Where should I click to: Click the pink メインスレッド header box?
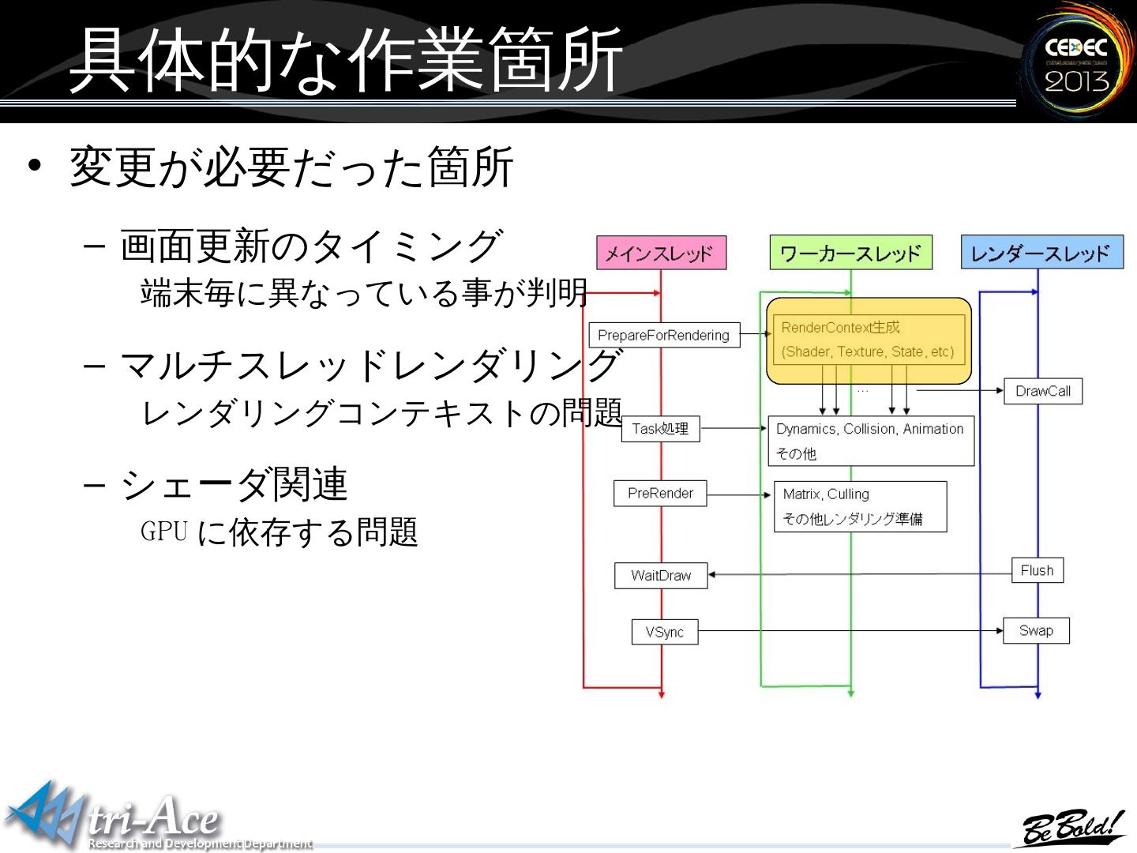click(661, 254)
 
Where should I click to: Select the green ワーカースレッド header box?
click(850, 253)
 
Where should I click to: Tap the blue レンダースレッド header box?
click(1041, 253)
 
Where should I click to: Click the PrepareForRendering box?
click(664, 335)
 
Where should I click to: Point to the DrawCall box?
click(1042, 391)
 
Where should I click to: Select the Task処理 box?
click(660, 429)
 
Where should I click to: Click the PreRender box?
click(660, 494)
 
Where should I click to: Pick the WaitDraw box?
click(661, 576)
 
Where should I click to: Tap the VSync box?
click(664, 632)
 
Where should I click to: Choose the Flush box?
click(1037, 570)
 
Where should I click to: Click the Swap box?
click(1036, 630)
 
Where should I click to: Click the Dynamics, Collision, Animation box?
click(870, 441)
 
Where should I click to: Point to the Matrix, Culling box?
click(860, 506)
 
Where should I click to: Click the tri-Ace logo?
click(118, 817)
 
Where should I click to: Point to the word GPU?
click(164, 532)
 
